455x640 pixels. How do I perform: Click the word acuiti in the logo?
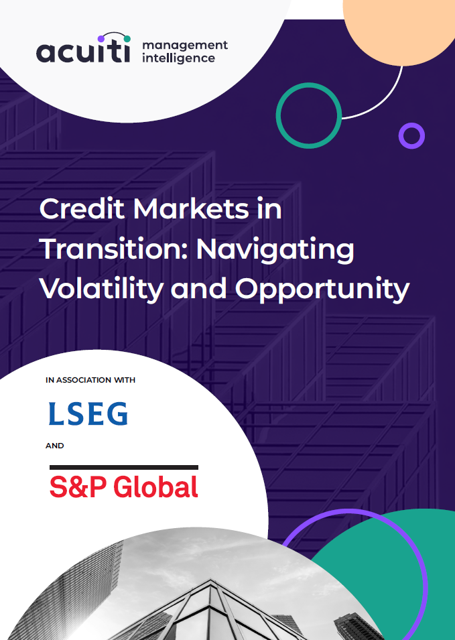[x=83, y=52]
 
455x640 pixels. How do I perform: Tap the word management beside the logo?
[x=185, y=46]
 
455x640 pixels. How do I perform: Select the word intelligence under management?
[x=178, y=58]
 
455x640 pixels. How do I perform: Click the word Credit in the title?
[x=82, y=209]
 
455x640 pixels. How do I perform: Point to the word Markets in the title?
[x=191, y=209]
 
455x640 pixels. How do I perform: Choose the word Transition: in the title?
[x=114, y=249]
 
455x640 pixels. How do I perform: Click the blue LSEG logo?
[x=88, y=414]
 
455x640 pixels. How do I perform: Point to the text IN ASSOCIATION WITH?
[x=90, y=380]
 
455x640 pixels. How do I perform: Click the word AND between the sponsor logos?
[x=55, y=446]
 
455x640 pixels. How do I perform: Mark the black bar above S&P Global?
[x=124, y=467]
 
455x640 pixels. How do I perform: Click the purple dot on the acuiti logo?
[x=101, y=39]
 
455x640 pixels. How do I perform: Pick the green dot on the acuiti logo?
[x=127, y=39]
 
